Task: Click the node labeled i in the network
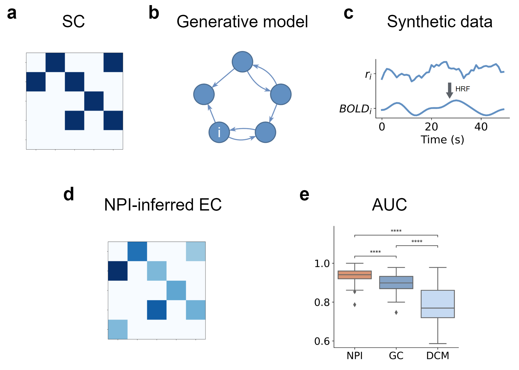(x=219, y=132)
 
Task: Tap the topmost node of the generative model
(x=242, y=62)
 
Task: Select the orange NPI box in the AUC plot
(x=355, y=275)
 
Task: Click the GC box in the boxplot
(x=396, y=282)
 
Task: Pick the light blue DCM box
(x=438, y=304)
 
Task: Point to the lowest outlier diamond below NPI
(x=355, y=304)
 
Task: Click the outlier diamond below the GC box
(x=396, y=312)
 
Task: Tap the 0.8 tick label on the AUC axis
(x=322, y=302)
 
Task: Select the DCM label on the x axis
(x=438, y=355)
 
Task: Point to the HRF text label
(x=462, y=89)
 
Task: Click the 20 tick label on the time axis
(x=431, y=127)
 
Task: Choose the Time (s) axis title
(x=442, y=140)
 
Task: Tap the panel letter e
(x=304, y=195)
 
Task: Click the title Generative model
(x=242, y=21)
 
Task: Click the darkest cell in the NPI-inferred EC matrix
(x=118, y=271)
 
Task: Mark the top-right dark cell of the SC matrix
(x=113, y=63)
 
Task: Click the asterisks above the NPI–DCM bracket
(x=396, y=231)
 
